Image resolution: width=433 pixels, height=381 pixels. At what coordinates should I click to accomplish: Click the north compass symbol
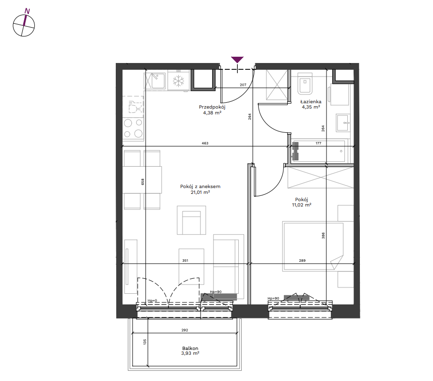pyautogui.click(x=24, y=24)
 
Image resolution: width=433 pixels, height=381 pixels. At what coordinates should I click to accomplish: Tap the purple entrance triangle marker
pyautogui.click(x=237, y=60)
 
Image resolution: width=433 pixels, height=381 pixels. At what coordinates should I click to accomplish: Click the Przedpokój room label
pyautogui.click(x=212, y=107)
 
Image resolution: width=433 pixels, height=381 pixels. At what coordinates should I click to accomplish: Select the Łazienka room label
pyautogui.click(x=310, y=102)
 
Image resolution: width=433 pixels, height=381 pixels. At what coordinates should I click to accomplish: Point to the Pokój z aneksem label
pyautogui.click(x=200, y=187)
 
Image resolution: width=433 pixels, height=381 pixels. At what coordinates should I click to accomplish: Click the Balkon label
pyautogui.click(x=190, y=349)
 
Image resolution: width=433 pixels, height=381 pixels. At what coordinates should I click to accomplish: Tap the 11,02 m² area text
pyautogui.click(x=302, y=205)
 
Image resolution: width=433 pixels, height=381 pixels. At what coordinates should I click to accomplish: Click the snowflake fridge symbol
pyautogui.click(x=178, y=81)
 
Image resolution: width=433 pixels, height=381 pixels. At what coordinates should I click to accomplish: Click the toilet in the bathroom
pyautogui.click(x=305, y=83)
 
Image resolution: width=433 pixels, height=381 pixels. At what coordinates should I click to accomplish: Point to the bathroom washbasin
pyautogui.click(x=343, y=123)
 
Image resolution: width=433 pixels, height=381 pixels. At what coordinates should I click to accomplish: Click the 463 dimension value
pyautogui.click(x=205, y=143)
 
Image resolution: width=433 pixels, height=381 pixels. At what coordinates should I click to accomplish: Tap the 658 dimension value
pyautogui.click(x=143, y=182)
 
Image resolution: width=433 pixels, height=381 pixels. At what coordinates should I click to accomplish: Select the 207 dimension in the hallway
pyautogui.click(x=243, y=85)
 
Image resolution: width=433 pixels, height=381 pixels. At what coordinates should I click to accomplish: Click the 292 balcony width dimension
pyautogui.click(x=185, y=330)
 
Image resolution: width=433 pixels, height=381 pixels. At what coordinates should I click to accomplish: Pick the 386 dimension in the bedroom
pyautogui.click(x=323, y=236)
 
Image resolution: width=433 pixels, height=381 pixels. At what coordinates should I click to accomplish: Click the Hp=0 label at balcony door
pyautogui.click(x=152, y=301)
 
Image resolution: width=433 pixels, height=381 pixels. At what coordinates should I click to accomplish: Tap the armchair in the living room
pyautogui.click(x=191, y=220)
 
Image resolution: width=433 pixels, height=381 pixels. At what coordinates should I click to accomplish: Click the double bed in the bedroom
pyautogui.click(x=313, y=246)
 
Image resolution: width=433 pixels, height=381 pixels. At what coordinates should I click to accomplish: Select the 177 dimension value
pyautogui.click(x=318, y=143)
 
